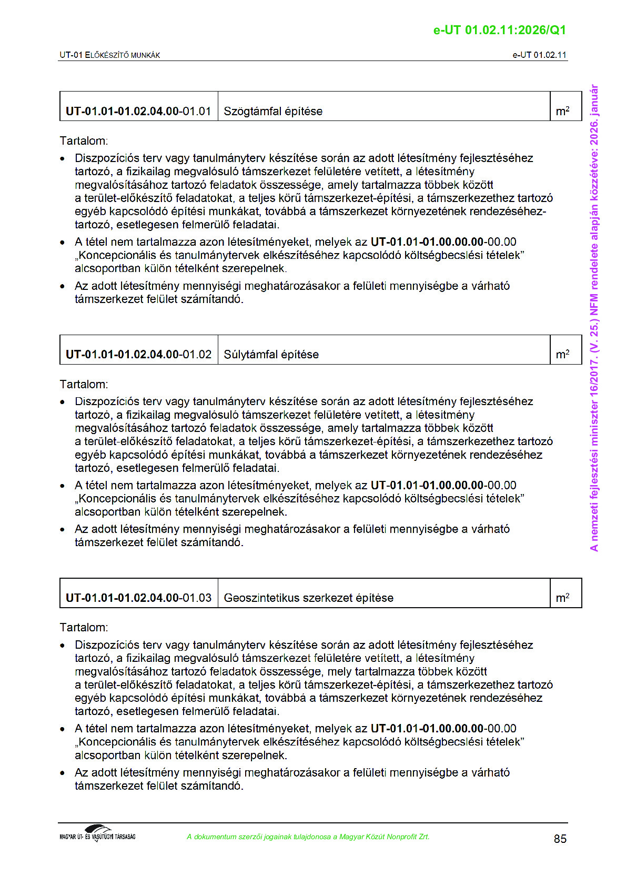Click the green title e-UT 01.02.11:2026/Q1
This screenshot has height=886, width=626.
coord(499,30)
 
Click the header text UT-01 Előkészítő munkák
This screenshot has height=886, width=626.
coord(110,55)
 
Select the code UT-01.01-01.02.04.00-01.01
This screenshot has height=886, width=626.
coord(138,111)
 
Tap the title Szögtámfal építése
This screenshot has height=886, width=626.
coord(273,111)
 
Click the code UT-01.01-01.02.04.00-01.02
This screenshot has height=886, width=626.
coord(138,354)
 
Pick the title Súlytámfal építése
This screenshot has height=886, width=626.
coord(271,354)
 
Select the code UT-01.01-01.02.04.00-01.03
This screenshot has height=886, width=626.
coord(138,598)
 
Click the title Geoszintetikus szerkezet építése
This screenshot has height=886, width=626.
coord(308,598)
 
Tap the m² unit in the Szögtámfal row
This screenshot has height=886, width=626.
coord(562,111)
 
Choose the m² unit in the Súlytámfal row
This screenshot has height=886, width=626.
coord(562,354)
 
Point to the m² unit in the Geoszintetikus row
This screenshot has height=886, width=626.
coord(562,598)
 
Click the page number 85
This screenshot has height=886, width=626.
coord(560,839)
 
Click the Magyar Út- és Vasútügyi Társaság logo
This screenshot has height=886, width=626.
coord(98,833)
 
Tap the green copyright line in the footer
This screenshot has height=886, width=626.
coord(308,837)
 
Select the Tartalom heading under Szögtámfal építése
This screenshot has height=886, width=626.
coord(84,141)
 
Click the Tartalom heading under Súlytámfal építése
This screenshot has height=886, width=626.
coord(84,384)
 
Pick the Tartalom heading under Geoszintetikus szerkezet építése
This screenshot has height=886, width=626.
coord(84,627)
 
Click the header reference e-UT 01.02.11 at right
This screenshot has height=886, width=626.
coord(539,55)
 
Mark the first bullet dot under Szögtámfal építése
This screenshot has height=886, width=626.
coord(63,158)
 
